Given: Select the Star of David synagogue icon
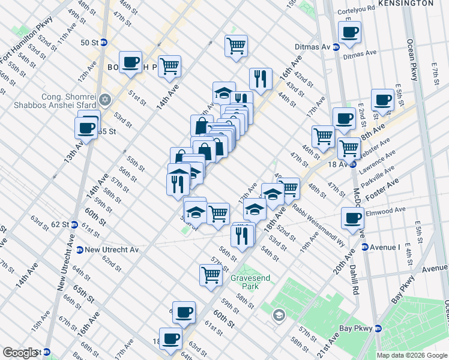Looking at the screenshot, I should [x=106, y=100].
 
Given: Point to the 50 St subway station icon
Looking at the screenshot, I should [x=103, y=43].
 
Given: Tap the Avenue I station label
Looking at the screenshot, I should [x=385, y=247].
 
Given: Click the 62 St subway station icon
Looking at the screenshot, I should [x=74, y=224].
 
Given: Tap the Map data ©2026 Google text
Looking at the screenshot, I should [x=411, y=355].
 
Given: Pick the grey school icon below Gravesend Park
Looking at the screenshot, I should [x=279, y=314].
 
